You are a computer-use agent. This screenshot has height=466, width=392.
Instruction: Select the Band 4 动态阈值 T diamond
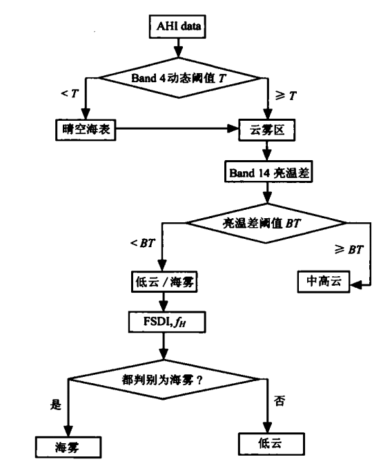[x=177, y=77]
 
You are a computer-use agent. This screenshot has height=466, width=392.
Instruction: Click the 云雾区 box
[x=266, y=128]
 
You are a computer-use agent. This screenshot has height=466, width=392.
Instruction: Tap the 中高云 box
[x=323, y=282]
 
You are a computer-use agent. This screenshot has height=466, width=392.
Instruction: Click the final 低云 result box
[x=268, y=443]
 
